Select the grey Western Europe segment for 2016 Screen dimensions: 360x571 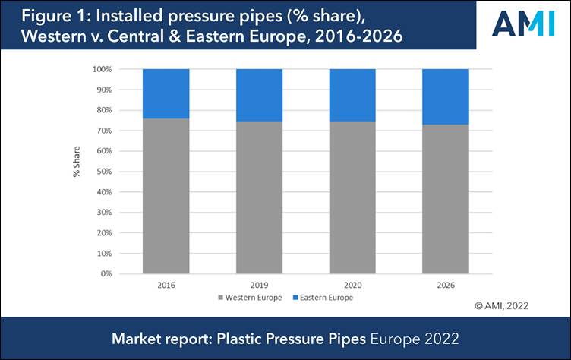(x=166, y=196)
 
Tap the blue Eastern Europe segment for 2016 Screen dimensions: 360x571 (x=166, y=93)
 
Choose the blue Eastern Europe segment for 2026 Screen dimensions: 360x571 (x=445, y=96)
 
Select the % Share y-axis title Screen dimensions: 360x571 (x=77, y=171)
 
